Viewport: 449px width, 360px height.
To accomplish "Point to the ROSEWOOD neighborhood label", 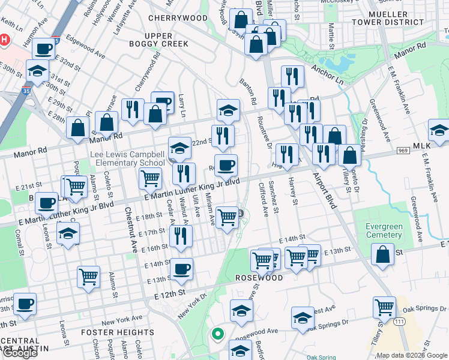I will [x=259, y=278].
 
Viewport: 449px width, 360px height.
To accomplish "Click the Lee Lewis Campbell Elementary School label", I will [x=127, y=158].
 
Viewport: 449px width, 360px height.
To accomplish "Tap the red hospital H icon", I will [x=5, y=40].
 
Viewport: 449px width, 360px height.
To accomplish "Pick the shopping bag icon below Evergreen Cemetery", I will [x=382, y=254].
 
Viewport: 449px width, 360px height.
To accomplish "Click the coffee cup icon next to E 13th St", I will [x=182, y=268].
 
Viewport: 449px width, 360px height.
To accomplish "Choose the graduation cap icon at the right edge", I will [x=439, y=130].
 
